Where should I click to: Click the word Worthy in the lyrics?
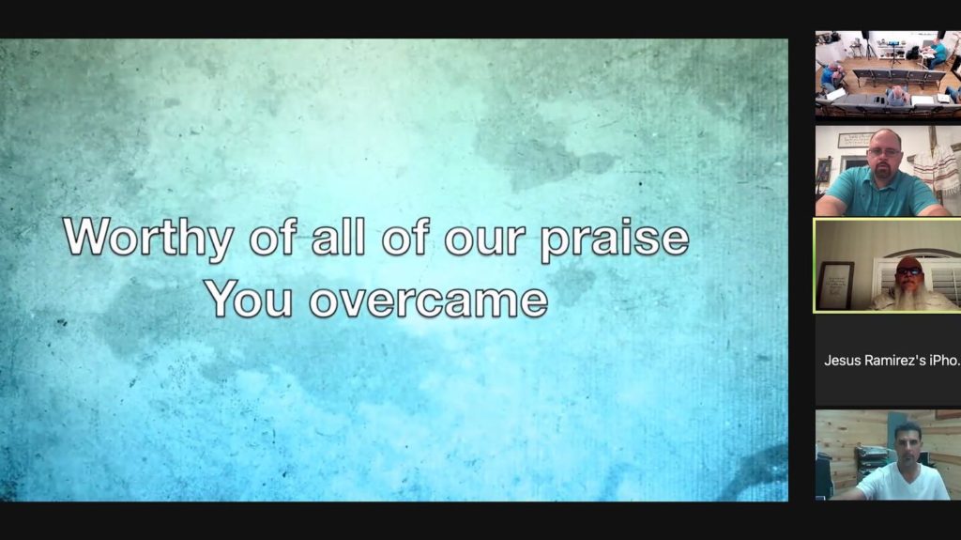point(148,238)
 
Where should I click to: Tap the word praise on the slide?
point(614,239)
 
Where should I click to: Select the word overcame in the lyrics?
point(428,301)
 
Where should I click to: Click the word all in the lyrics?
point(338,236)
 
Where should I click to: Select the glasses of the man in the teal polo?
point(884,151)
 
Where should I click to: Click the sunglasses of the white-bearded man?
point(908,270)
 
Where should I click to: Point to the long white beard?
point(909,296)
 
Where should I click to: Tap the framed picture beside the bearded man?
point(834,285)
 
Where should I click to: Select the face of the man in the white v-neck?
point(908,445)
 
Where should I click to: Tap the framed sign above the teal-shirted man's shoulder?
point(855,140)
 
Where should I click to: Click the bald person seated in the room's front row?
point(897,95)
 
